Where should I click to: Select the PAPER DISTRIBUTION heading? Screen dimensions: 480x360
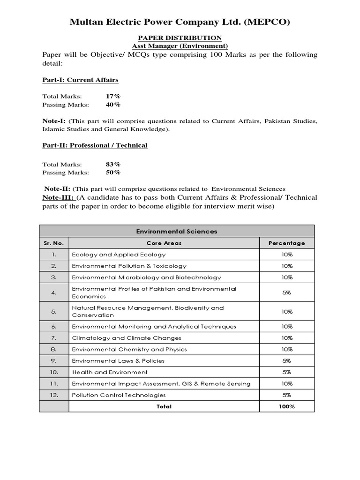(180, 37)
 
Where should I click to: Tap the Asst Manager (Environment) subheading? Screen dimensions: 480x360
(180, 46)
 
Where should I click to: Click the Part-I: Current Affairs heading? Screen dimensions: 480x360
(80, 80)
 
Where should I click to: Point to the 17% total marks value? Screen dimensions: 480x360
(113, 96)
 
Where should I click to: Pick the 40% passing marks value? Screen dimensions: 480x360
(113, 104)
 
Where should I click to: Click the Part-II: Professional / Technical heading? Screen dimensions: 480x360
(95, 145)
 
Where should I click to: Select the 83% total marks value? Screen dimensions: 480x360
(113, 164)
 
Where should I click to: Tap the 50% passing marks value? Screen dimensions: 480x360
(113, 172)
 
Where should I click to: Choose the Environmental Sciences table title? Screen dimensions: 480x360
(177, 231)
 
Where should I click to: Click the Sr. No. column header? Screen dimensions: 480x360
(54, 243)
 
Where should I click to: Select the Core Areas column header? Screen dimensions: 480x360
(164, 243)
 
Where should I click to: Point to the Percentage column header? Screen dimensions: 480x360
(286, 243)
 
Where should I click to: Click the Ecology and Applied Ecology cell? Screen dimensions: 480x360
(119, 255)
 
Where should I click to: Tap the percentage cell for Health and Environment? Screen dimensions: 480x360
(286, 372)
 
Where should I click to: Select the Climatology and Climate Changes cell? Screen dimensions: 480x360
(126, 338)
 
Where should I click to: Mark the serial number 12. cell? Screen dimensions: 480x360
(54, 395)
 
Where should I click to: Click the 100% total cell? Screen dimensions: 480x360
(286, 406)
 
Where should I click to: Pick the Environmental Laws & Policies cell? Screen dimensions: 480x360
(118, 361)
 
